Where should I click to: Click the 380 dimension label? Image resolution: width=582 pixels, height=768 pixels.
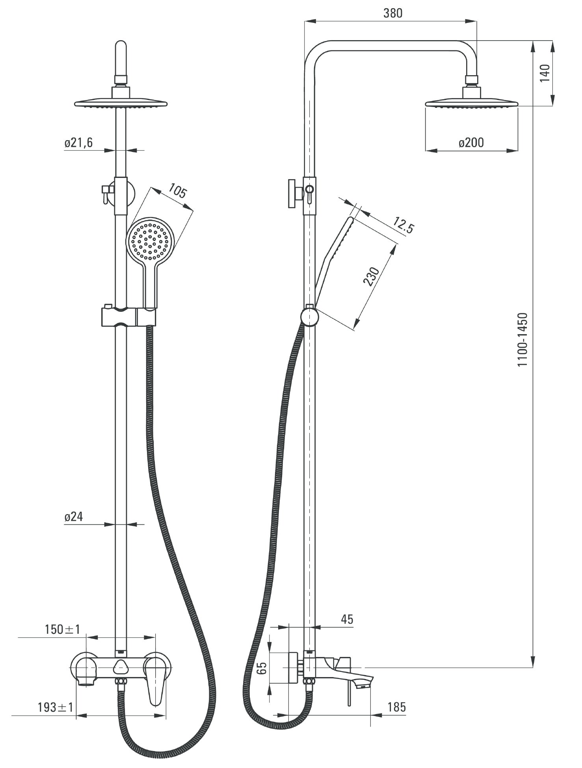click(393, 13)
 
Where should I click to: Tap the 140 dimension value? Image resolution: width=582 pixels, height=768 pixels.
click(544, 73)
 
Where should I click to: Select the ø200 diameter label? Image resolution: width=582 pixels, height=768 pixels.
click(471, 142)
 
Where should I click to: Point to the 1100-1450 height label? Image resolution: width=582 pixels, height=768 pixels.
click(522, 340)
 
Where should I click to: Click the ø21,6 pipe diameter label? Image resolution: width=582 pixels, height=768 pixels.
click(79, 142)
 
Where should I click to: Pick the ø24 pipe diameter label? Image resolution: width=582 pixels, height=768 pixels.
click(74, 516)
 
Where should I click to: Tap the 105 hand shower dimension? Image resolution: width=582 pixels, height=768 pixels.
click(177, 192)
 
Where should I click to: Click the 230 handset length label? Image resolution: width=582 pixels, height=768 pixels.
click(371, 276)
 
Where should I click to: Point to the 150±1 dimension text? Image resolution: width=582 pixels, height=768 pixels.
click(62, 629)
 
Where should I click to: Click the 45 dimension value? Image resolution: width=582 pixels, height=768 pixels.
click(347, 619)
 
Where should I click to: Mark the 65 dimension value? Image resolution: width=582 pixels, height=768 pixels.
click(262, 668)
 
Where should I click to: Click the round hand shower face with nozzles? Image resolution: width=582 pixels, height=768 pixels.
click(150, 240)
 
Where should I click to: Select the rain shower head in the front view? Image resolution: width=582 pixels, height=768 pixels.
click(121, 104)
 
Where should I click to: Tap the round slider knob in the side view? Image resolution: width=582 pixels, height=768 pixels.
click(309, 317)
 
